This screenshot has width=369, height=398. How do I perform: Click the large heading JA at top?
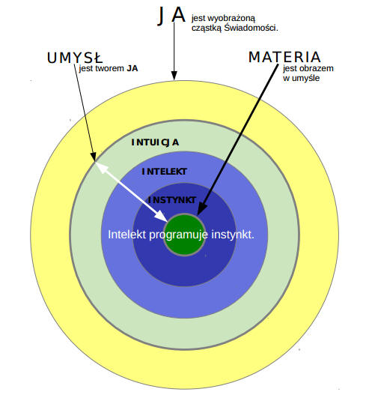pos(171,16)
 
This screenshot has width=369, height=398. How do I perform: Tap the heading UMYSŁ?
pos(75,58)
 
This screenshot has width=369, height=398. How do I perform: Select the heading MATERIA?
pos(284,57)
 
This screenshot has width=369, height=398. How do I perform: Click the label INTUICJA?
pos(155,142)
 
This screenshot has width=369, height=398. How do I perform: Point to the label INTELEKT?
pos(164,172)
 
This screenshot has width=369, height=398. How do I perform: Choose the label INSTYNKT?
pos(172,200)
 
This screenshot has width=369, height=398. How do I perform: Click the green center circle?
pos(184,235)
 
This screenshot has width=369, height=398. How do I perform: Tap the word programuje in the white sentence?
pos(178,235)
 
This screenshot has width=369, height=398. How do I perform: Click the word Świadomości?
pos(251,28)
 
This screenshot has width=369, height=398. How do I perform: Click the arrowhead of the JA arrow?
pos(174,76)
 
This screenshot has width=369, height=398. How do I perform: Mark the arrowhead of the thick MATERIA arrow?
pos(201,209)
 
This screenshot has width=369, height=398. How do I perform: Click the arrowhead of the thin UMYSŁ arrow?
pos(94,157)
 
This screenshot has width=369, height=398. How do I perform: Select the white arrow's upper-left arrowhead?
pos(100,167)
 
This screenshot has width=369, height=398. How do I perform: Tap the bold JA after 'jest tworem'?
pos(132,68)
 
